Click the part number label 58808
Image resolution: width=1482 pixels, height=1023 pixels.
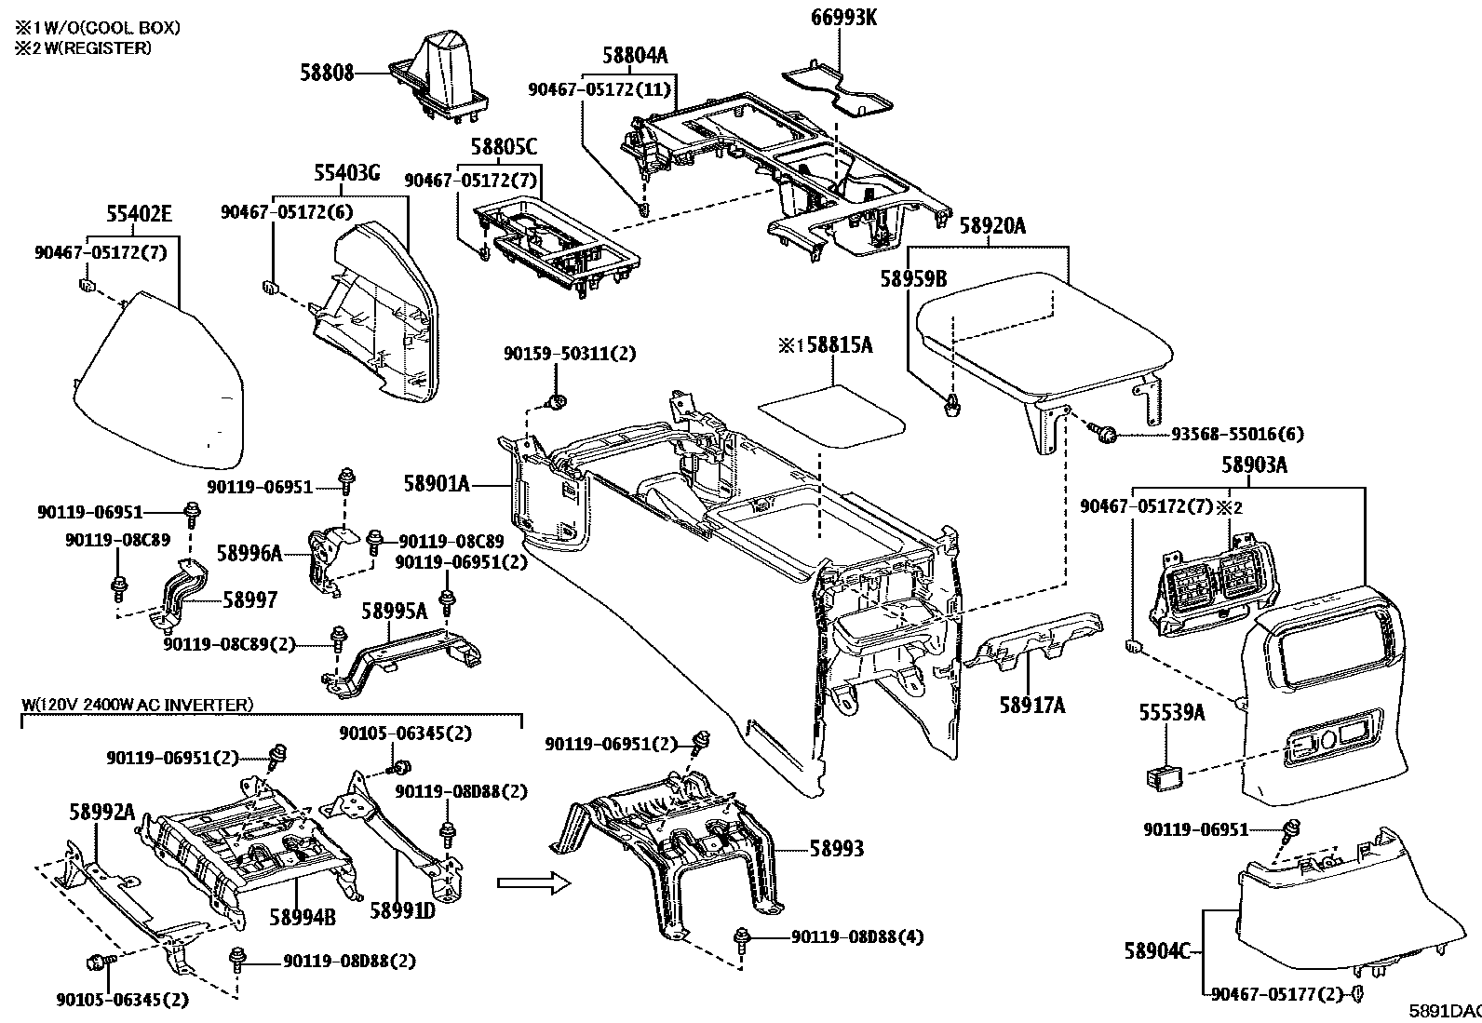coord(327,72)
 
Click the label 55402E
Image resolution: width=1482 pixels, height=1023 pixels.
coord(138,215)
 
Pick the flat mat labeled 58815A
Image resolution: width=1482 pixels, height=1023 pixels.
coord(830,415)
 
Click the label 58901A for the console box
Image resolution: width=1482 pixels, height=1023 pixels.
coord(437,483)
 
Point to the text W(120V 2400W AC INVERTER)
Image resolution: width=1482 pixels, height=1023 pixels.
coord(137,705)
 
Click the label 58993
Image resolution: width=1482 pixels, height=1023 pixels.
coord(836,848)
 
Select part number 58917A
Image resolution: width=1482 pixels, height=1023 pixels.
coord(1032,705)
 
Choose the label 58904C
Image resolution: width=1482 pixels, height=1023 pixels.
coord(1156,950)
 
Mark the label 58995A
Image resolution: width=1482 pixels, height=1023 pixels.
coord(394,611)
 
